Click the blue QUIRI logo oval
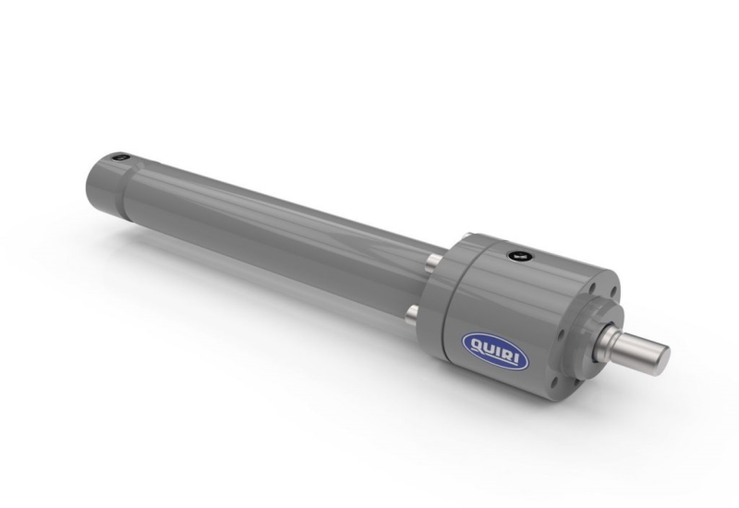click(x=495, y=351)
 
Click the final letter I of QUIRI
click(x=519, y=359)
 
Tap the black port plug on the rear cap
click(x=121, y=157)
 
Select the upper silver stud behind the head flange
click(x=434, y=262)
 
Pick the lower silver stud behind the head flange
click(x=412, y=314)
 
